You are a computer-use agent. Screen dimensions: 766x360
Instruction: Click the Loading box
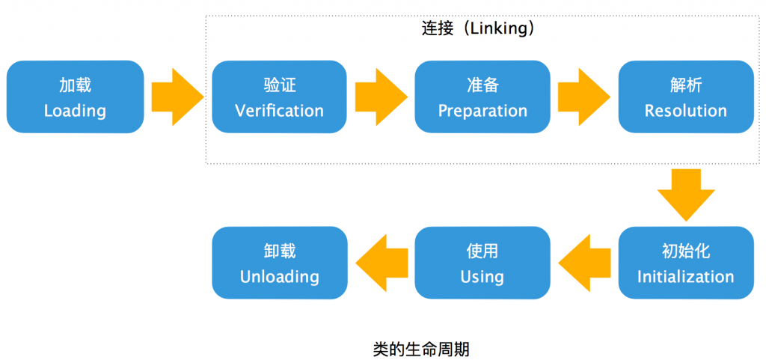(x=76, y=97)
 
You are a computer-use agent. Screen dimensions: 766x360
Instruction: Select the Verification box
(x=280, y=97)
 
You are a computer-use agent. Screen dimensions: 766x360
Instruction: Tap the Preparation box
(x=482, y=97)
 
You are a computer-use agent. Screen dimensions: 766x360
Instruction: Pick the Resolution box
(x=686, y=97)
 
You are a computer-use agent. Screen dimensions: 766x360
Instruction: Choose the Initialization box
(x=686, y=263)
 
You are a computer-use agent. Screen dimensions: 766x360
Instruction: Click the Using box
(x=482, y=263)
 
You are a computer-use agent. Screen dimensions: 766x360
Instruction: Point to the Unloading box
(x=280, y=263)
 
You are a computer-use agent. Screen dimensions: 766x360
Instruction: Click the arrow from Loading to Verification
(x=178, y=97)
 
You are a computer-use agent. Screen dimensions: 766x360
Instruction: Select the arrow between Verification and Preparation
(x=381, y=97)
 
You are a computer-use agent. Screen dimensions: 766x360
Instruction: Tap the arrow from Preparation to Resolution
(x=584, y=97)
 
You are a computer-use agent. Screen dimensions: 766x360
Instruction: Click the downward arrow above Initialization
(x=686, y=195)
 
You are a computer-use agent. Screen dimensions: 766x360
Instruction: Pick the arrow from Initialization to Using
(x=584, y=263)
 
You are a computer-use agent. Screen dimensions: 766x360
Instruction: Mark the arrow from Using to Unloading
(x=381, y=263)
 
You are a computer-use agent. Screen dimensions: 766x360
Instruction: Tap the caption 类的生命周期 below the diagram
(x=421, y=350)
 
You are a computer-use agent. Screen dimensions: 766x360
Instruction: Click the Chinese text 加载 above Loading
(x=76, y=85)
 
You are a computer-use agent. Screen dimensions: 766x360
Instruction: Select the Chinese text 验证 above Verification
(x=280, y=85)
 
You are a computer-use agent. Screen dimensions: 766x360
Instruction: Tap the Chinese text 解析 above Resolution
(x=686, y=85)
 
